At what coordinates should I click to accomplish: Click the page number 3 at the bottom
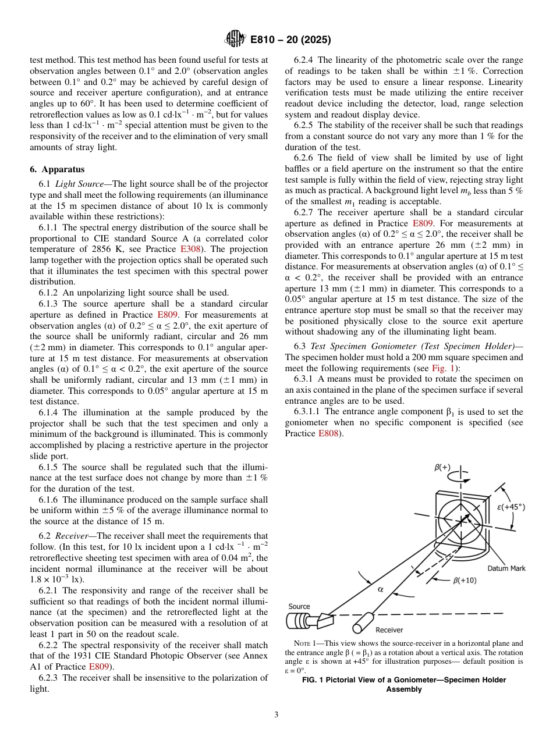[x=276, y=714]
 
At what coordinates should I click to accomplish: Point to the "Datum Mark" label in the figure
[x=506, y=568]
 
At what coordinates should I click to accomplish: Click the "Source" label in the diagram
[x=299, y=606]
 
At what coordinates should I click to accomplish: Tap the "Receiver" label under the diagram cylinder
[x=389, y=629]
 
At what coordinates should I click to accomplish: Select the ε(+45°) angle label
[x=511, y=507]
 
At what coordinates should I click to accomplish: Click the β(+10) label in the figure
[x=464, y=580]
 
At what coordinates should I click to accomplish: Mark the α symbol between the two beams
[x=381, y=589]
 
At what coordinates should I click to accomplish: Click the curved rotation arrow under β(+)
[x=460, y=481]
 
